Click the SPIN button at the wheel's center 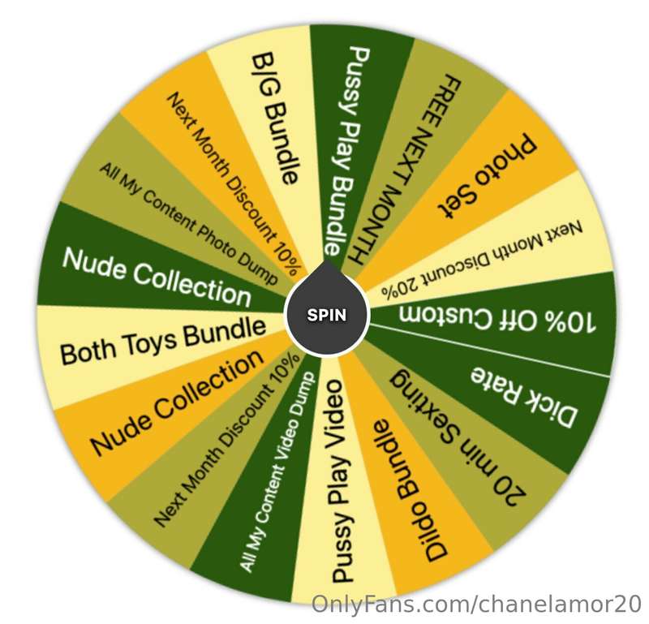tap(327, 316)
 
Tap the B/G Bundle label tap(275, 118)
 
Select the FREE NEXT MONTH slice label tap(404, 169)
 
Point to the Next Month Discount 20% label tap(482, 259)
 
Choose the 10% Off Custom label tap(497, 319)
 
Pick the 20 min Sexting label tap(458, 436)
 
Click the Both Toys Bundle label tap(163, 342)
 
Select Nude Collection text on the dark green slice tap(157, 277)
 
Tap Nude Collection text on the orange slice tap(177, 402)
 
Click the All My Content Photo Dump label tap(189, 224)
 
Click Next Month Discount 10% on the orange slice tap(233, 183)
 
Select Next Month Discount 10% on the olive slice tap(226, 440)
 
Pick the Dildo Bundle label tap(410, 491)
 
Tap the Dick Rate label tap(523, 398)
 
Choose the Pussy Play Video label tap(337, 481)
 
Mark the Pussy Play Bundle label tap(347, 152)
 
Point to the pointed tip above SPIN tap(327, 261)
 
